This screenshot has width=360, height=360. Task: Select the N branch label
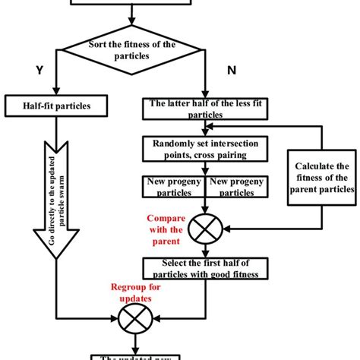(232, 71)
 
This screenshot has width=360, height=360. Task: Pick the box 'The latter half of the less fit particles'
(201, 110)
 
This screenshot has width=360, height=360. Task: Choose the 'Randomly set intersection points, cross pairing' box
(201, 150)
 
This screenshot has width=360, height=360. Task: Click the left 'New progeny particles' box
(172, 187)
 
